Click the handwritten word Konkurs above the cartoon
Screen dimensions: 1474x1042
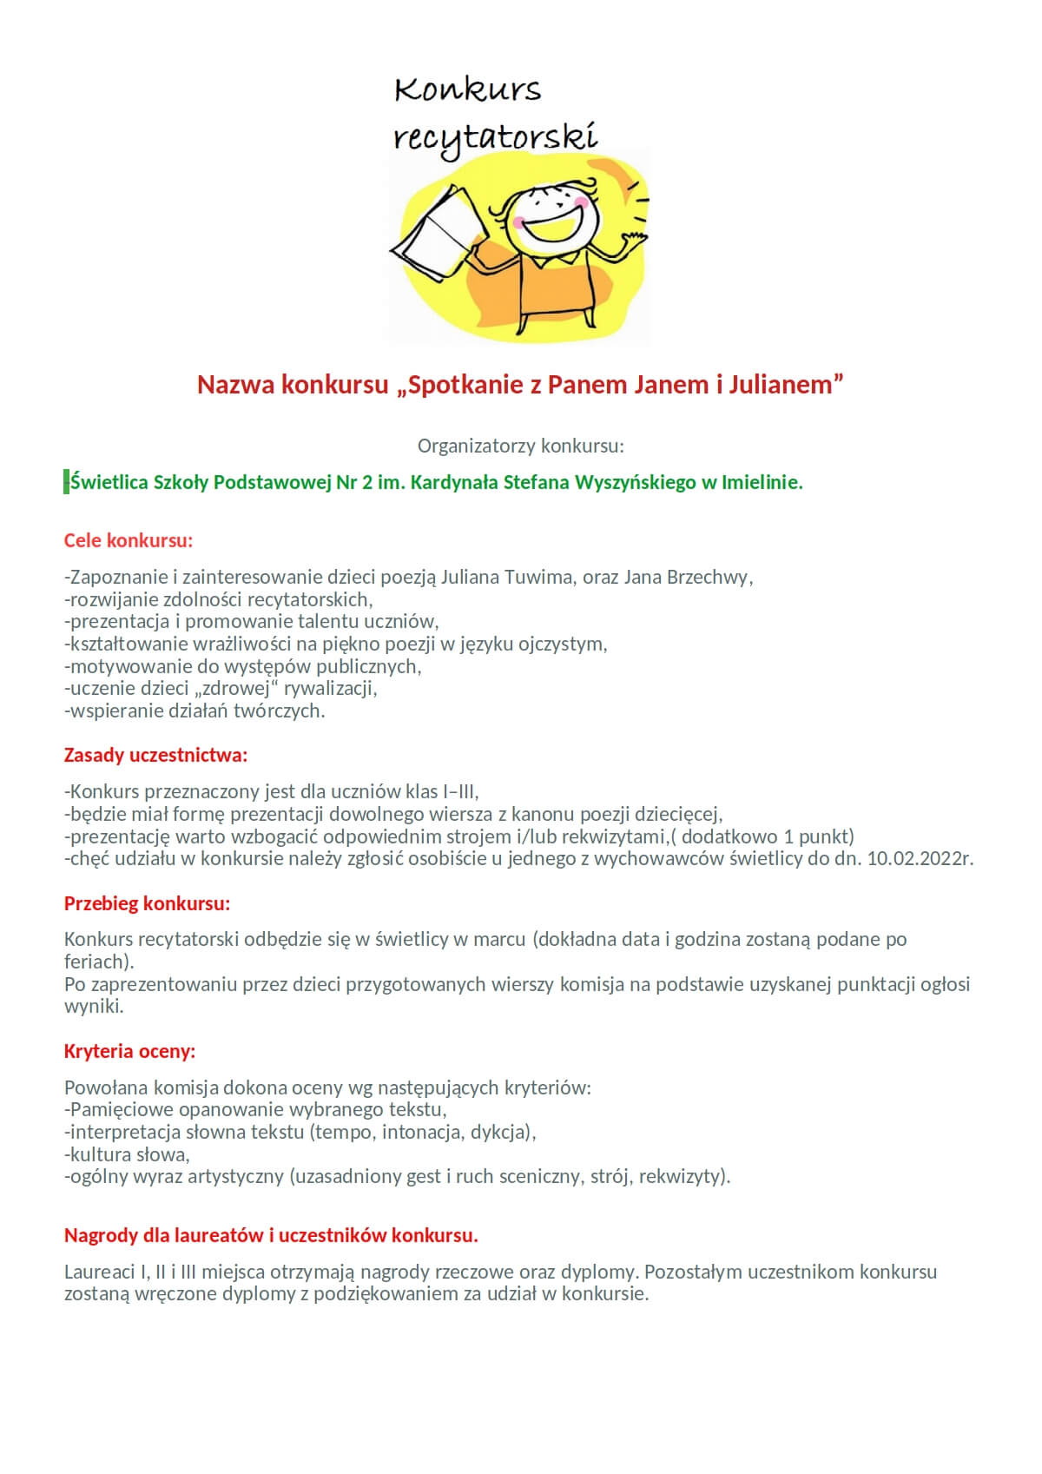click(467, 89)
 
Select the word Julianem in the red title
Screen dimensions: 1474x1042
click(785, 385)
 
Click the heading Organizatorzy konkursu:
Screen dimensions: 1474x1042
click(521, 446)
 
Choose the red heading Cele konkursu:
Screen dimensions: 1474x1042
click(129, 540)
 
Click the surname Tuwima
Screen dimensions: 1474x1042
click(538, 577)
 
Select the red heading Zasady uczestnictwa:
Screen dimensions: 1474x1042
click(155, 755)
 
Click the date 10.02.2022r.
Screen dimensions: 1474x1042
click(920, 859)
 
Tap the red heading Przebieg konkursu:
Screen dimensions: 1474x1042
click(147, 903)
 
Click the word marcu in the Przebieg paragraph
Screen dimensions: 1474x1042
click(499, 939)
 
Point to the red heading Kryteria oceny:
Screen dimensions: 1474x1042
click(129, 1051)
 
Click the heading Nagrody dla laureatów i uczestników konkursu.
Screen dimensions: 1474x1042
click(271, 1235)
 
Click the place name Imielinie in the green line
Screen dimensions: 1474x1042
click(761, 482)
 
